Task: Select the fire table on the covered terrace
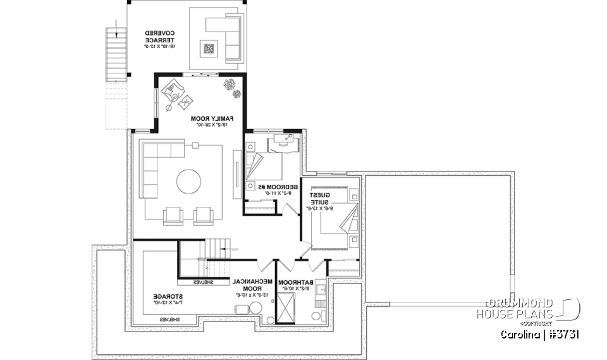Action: coord(208,48)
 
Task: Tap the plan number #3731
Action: coord(565,334)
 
